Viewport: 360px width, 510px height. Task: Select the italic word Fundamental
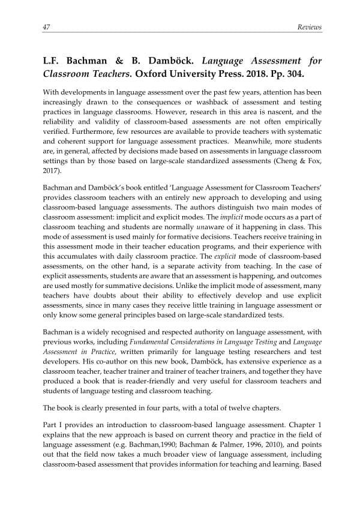(x=145, y=341)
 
